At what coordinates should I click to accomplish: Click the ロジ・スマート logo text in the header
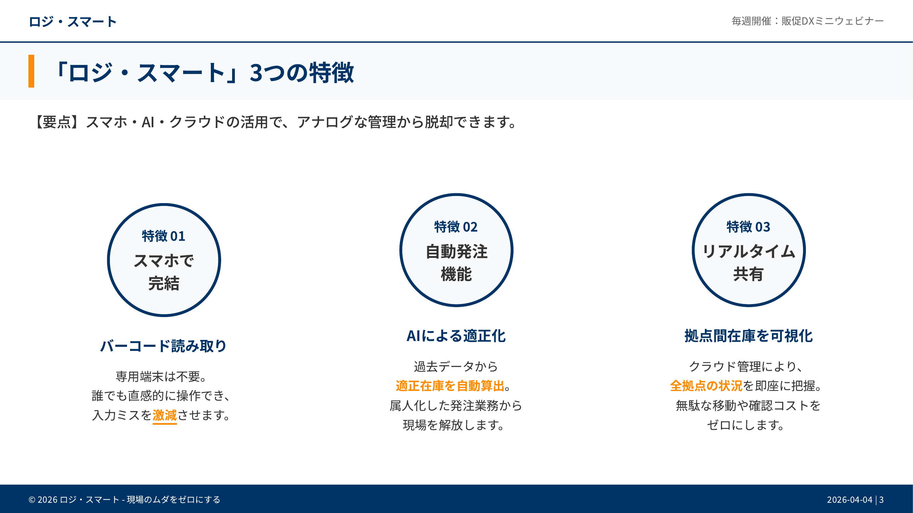[72, 22]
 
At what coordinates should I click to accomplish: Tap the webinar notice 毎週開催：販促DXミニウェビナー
[808, 21]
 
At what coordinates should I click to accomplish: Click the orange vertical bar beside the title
[31, 71]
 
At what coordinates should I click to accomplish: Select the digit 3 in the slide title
[256, 73]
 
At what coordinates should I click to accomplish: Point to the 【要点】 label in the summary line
[58, 122]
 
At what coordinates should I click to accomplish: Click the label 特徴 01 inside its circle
[164, 236]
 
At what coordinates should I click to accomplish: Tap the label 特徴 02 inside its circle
[456, 227]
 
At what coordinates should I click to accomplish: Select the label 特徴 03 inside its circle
[749, 227]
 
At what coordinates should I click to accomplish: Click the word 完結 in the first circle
[164, 283]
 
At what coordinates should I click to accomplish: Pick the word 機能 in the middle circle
[456, 274]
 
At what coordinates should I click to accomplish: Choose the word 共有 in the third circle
[749, 274]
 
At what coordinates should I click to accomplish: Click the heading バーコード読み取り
[164, 346]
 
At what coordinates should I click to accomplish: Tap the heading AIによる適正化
[456, 336]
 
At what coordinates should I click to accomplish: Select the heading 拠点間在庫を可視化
[749, 336]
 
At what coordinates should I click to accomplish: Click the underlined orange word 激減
[165, 415]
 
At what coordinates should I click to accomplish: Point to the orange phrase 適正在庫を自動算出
[450, 386]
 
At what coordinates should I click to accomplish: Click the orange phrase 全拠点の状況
[706, 386]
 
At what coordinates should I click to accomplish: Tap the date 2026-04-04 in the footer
[850, 500]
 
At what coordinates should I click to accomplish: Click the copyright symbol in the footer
[32, 500]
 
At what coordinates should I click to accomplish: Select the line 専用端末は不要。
[161, 377]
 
